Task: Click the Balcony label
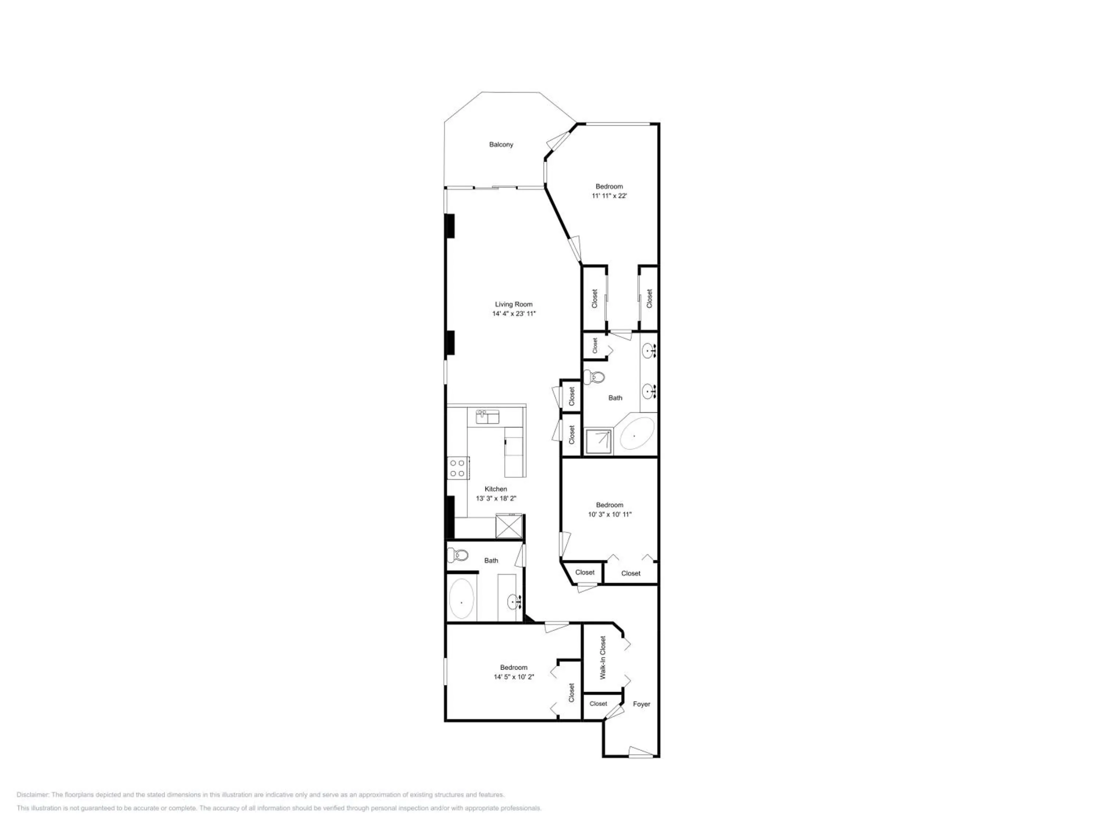(501, 145)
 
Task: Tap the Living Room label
(514, 304)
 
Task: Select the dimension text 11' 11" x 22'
(609, 196)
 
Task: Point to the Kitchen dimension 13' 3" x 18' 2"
(496, 499)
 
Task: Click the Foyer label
(641, 704)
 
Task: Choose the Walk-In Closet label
(603, 658)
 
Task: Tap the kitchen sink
(487, 417)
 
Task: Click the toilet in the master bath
(594, 377)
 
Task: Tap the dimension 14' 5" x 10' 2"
(514, 677)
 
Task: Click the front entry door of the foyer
(641, 752)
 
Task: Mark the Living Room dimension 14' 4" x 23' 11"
(514, 314)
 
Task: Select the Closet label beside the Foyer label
(598, 704)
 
